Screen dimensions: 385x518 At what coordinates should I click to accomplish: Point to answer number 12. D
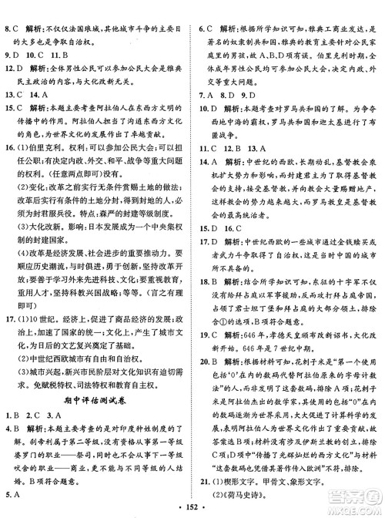pyautogui.click(x=14, y=67)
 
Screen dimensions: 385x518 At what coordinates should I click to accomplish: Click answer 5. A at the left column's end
pyautogui.click(x=12, y=496)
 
